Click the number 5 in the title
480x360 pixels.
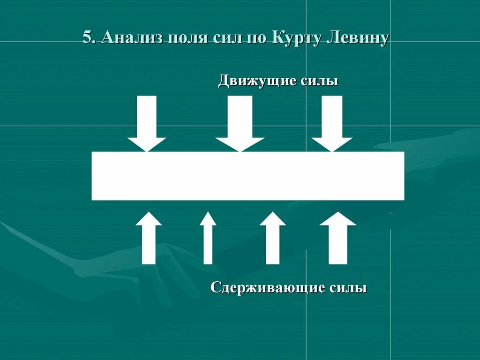tap(87, 37)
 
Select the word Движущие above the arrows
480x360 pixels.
tap(257, 81)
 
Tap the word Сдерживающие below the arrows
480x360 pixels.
tap(268, 287)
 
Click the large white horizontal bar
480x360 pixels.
tap(247, 176)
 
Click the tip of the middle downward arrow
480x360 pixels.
tap(240, 150)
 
